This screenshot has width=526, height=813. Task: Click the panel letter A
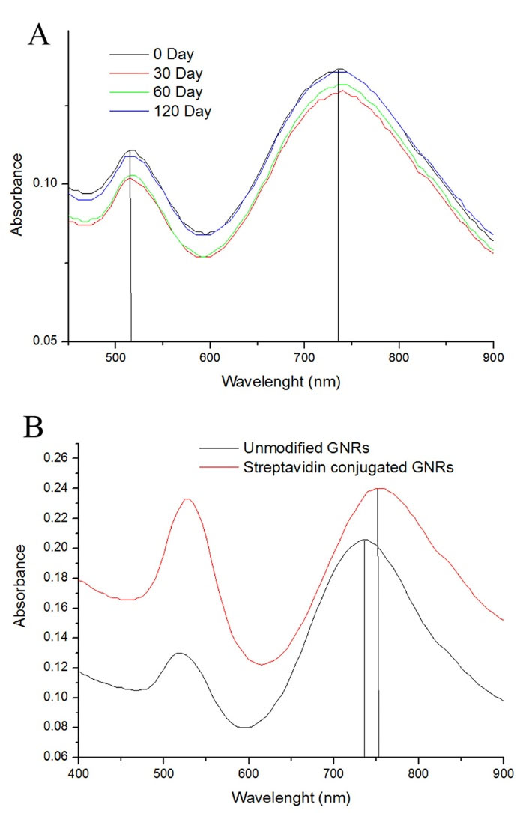coord(38,34)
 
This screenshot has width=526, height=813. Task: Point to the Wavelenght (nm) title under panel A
coord(281,381)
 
